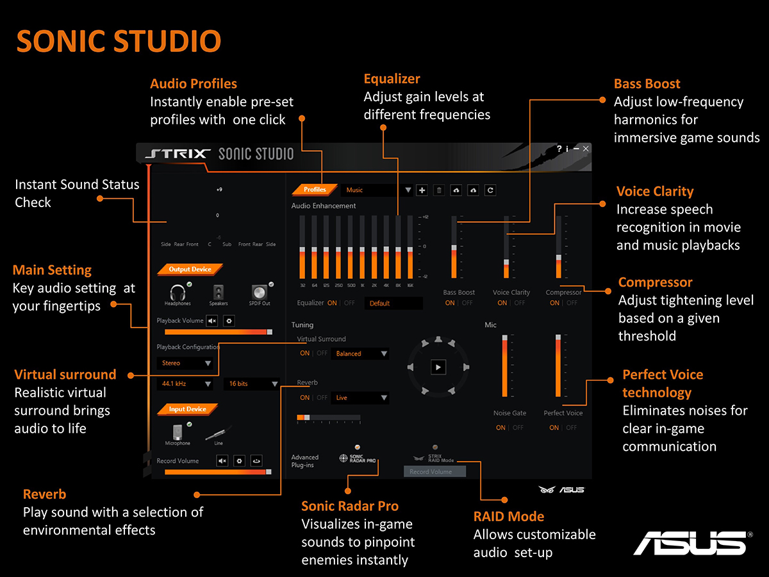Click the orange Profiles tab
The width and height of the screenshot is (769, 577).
(x=315, y=190)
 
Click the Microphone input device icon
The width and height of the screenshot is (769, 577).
(x=178, y=432)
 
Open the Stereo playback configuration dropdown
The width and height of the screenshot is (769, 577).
(x=185, y=363)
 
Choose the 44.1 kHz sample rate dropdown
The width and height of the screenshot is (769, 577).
(x=185, y=383)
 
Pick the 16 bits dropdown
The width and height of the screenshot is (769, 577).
(x=251, y=383)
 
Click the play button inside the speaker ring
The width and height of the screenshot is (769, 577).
(x=438, y=367)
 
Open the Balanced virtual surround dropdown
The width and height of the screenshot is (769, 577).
(x=360, y=353)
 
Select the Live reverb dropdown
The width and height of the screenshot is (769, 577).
(x=360, y=397)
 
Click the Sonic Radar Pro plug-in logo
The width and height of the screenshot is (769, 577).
(x=358, y=458)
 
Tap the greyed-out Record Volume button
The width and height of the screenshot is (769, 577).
(x=434, y=472)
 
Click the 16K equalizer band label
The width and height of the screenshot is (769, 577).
(x=409, y=285)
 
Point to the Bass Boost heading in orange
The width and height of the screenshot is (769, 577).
(x=647, y=83)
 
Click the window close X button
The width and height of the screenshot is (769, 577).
(x=586, y=149)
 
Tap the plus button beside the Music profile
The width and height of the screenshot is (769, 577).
(x=422, y=190)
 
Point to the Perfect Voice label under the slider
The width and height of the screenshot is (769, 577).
(x=563, y=413)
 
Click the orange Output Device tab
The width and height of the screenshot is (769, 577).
(x=189, y=269)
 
